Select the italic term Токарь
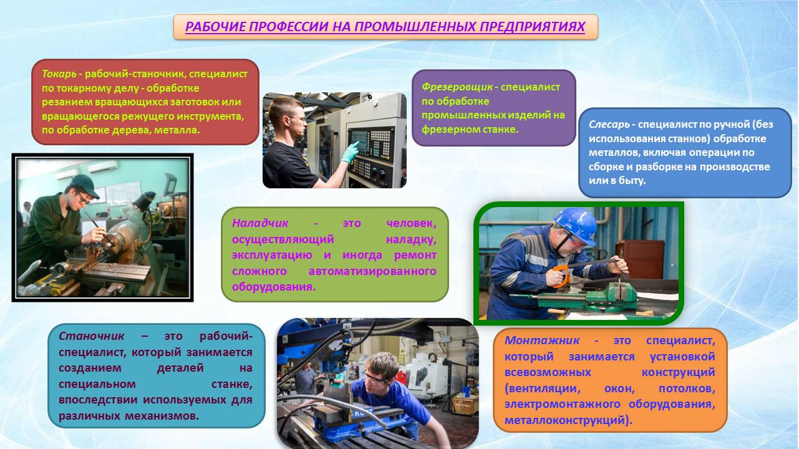point(59,74)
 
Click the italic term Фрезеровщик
point(457,87)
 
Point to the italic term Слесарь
point(609,125)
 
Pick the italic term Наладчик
point(260,223)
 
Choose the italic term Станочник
point(91,336)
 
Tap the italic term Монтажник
point(542,340)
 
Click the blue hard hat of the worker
point(576,224)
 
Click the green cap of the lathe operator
point(85,185)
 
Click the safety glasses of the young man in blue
point(373,378)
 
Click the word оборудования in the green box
point(274,287)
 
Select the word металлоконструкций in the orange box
point(568,420)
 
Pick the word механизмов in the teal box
point(162,416)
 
